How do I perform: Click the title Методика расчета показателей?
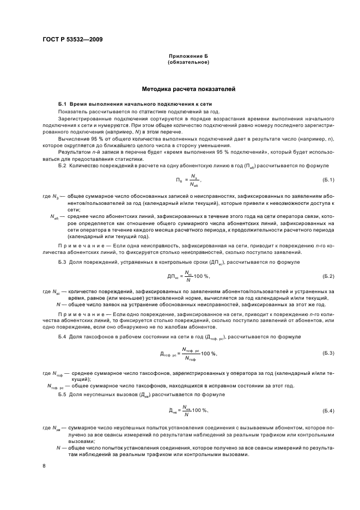tap(188, 88)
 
